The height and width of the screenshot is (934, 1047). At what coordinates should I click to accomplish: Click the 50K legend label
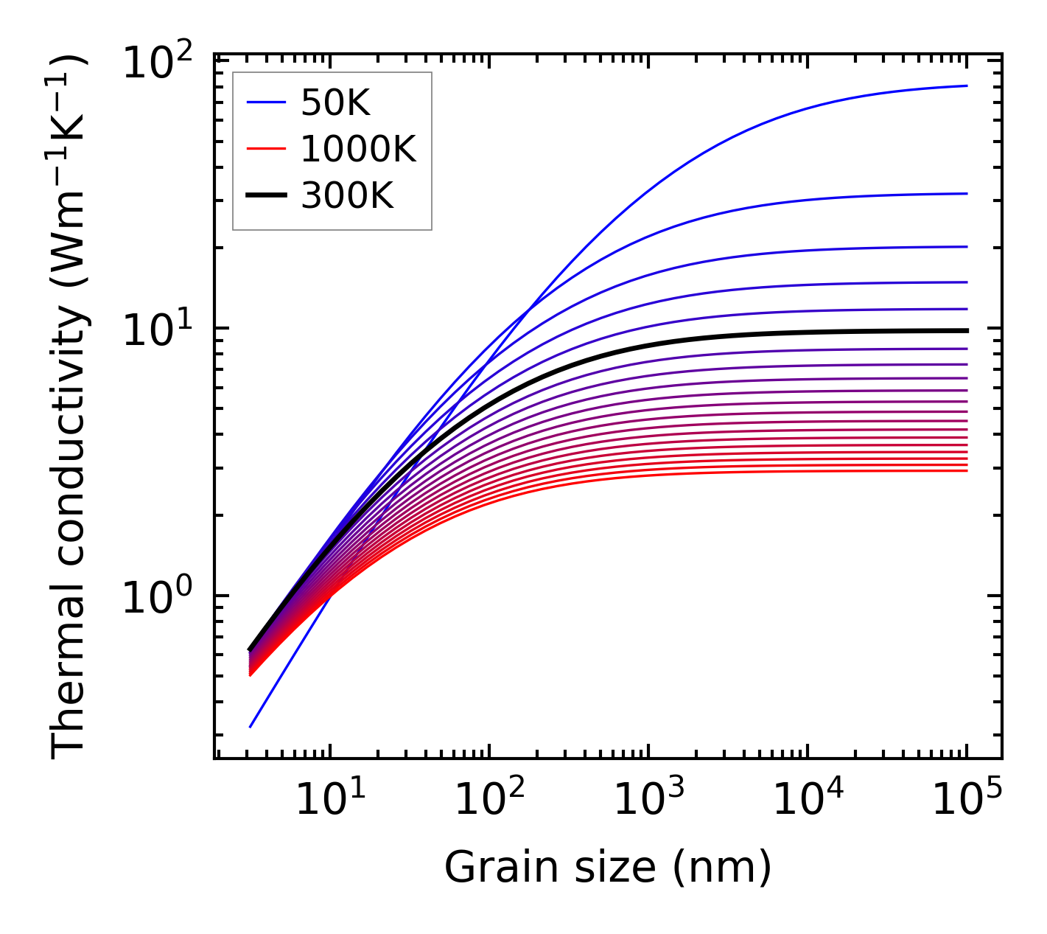(x=335, y=104)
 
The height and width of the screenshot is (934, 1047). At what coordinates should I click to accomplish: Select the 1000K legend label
(x=358, y=150)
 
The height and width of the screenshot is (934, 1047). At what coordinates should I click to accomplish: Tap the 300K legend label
(x=347, y=196)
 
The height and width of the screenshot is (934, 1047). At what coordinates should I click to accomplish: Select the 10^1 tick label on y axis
(x=156, y=331)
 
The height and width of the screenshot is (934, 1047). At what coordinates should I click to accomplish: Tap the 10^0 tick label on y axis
(x=156, y=598)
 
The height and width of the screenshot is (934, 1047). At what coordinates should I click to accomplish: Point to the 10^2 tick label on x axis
(x=489, y=799)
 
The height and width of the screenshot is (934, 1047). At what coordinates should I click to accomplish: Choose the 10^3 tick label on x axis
(x=648, y=799)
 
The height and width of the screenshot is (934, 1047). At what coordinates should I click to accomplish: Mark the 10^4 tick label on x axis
(x=808, y=799)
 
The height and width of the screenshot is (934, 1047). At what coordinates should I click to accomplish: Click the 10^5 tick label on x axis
(x=967, y=799)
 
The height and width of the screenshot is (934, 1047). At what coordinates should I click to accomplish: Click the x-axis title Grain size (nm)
(x=608, y=867)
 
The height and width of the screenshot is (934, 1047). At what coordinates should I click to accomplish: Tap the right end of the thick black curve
(x=966, y=330)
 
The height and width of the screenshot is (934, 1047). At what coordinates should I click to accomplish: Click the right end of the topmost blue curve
(x=966, y=86)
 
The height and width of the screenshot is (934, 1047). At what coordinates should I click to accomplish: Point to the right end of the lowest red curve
(x=966, y=470)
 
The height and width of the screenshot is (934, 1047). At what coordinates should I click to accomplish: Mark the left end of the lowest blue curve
(x=251, y=727)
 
